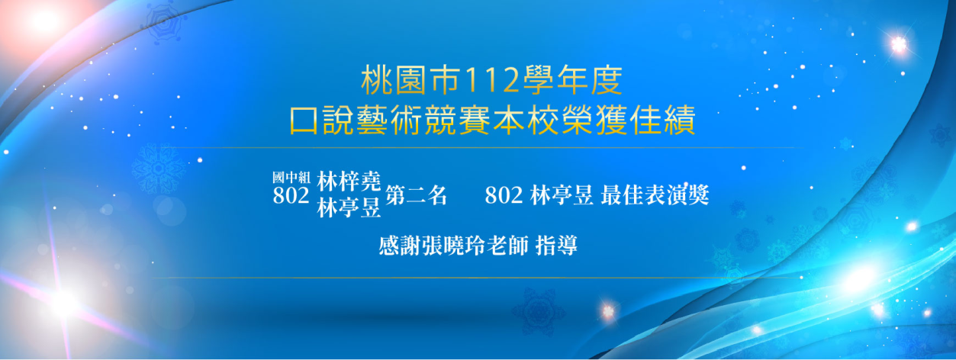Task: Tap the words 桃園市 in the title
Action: click(411, 80)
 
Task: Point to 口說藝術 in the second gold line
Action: click(356, 121)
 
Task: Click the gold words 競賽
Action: click(457, 121)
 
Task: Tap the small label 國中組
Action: click(291, 178)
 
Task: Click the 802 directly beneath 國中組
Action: click(291, 196)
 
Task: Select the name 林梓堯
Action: click(349, 182)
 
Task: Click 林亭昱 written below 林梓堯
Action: click(349, 208)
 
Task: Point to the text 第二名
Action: click(417, 195)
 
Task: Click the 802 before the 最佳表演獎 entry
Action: click(504, 195)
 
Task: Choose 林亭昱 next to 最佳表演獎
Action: click(562, 195)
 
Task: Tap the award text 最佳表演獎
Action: click(655, 195)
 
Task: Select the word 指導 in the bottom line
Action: click(556, 246)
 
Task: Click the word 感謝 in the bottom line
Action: click(400, 246)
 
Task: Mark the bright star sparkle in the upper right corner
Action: click(898, 44)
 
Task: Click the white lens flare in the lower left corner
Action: click(64, 304)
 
